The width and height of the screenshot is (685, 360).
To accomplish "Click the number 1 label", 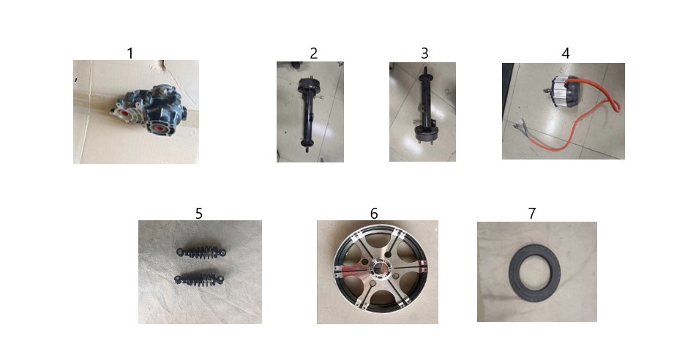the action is pyautogui.click(x=130, y=53).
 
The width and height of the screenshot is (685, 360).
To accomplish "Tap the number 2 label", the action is pyautogui.click(x=314, y=53).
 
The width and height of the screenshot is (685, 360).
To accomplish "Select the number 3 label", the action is pyautogui.click(x=424, y=53).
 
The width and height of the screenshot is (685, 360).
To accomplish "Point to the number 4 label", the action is pyautogui.click(x=565, y=53).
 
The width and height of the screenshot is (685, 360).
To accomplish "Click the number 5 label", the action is pyautogui.click(x=199, y=214).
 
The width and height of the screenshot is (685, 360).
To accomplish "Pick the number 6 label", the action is pyautogui.click(x=374, y=213).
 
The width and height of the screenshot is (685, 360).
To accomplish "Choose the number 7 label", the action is pyautogui.click(x=531, y=213).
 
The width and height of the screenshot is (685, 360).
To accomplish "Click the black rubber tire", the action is pyautogui.click(x=514, y=271).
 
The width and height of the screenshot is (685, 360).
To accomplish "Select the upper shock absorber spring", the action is pyautogui.click(x=201, y=252).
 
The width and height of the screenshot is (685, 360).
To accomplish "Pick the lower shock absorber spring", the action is pyautogui.click(x=199, y=280).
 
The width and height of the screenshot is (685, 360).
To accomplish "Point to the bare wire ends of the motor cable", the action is pyautogui.click(x=522, y=126).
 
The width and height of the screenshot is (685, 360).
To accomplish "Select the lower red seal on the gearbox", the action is pyautogui.click(x=157, y=129).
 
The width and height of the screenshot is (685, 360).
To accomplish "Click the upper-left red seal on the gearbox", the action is pyautogui.click(x=124, y=113).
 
